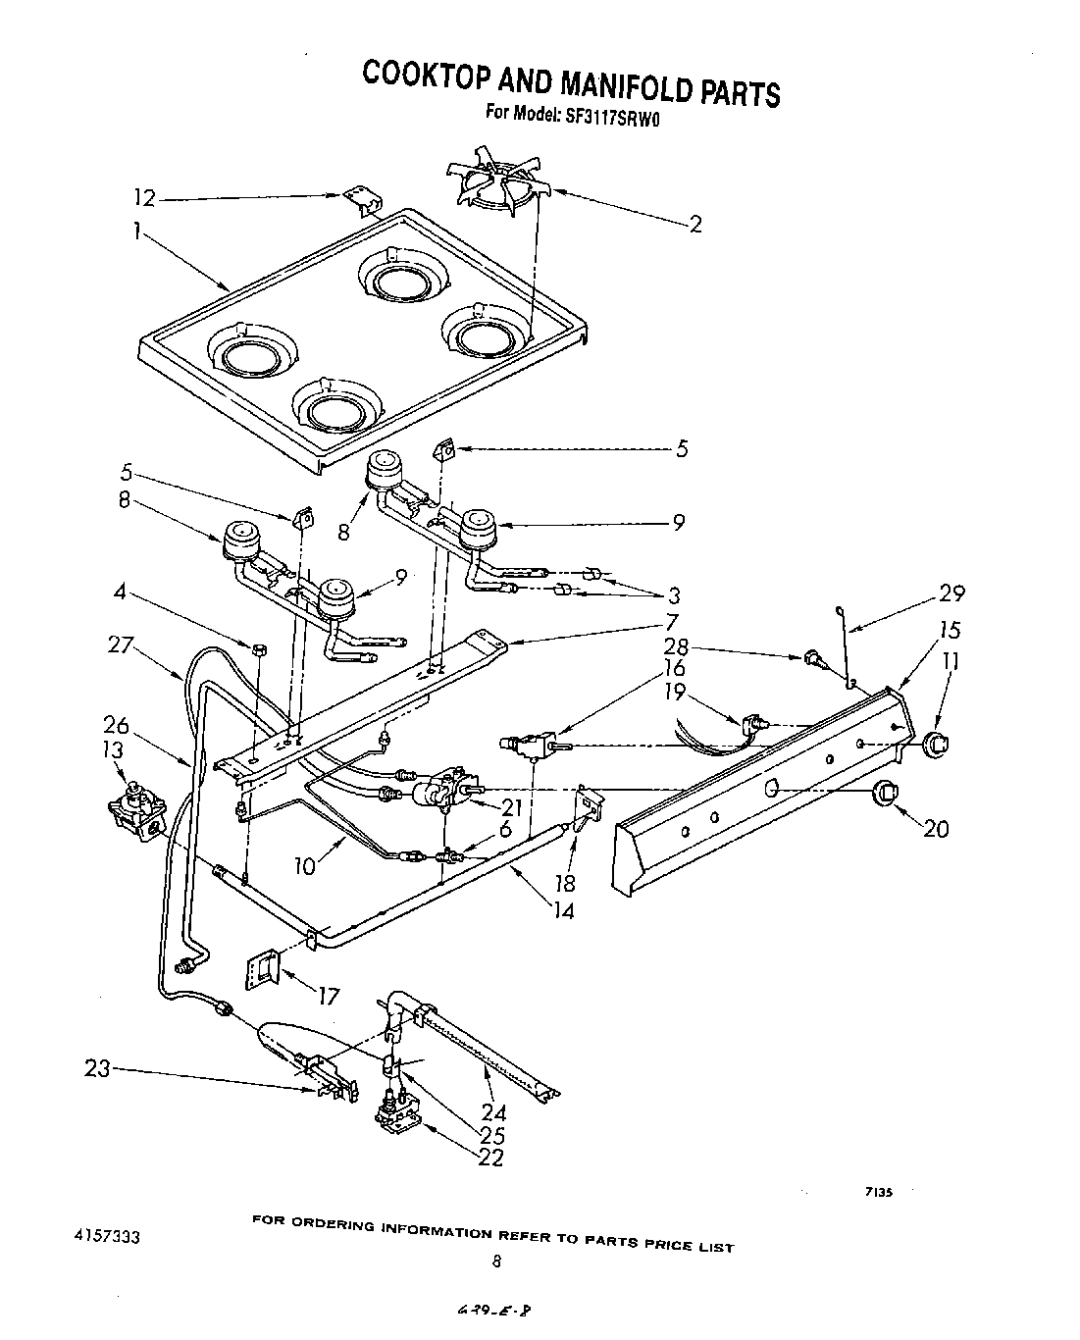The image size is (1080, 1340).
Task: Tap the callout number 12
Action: [144, 198]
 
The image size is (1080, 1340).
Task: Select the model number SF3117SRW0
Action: [599, 114]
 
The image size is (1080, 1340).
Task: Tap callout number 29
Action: [951, 593]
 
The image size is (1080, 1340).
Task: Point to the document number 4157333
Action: [106, 1237]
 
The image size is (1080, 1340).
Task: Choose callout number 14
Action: [561, 910]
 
